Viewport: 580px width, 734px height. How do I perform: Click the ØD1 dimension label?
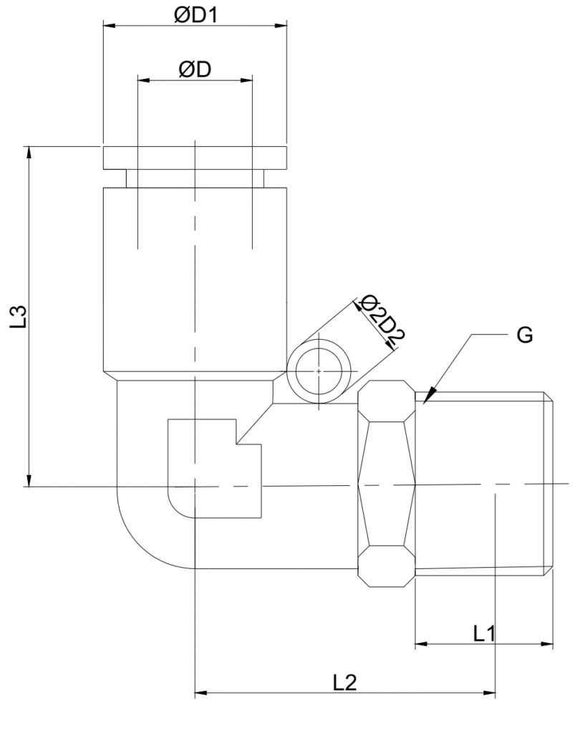tap(195, 15)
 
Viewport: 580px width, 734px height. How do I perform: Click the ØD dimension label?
tap(195, 70)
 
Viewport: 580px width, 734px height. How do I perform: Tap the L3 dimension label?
tap(19, 316)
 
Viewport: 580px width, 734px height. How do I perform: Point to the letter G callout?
tap(524, 335)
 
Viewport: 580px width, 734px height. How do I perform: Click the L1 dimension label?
tap(484, 634)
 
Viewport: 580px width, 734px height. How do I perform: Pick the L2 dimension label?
tap(344, 683)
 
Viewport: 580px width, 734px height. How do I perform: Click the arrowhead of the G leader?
tap(427, 396)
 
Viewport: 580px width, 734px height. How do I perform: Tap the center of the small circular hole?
tap(319, 371)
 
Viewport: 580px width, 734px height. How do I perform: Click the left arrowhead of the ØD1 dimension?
tap(109, 25)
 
